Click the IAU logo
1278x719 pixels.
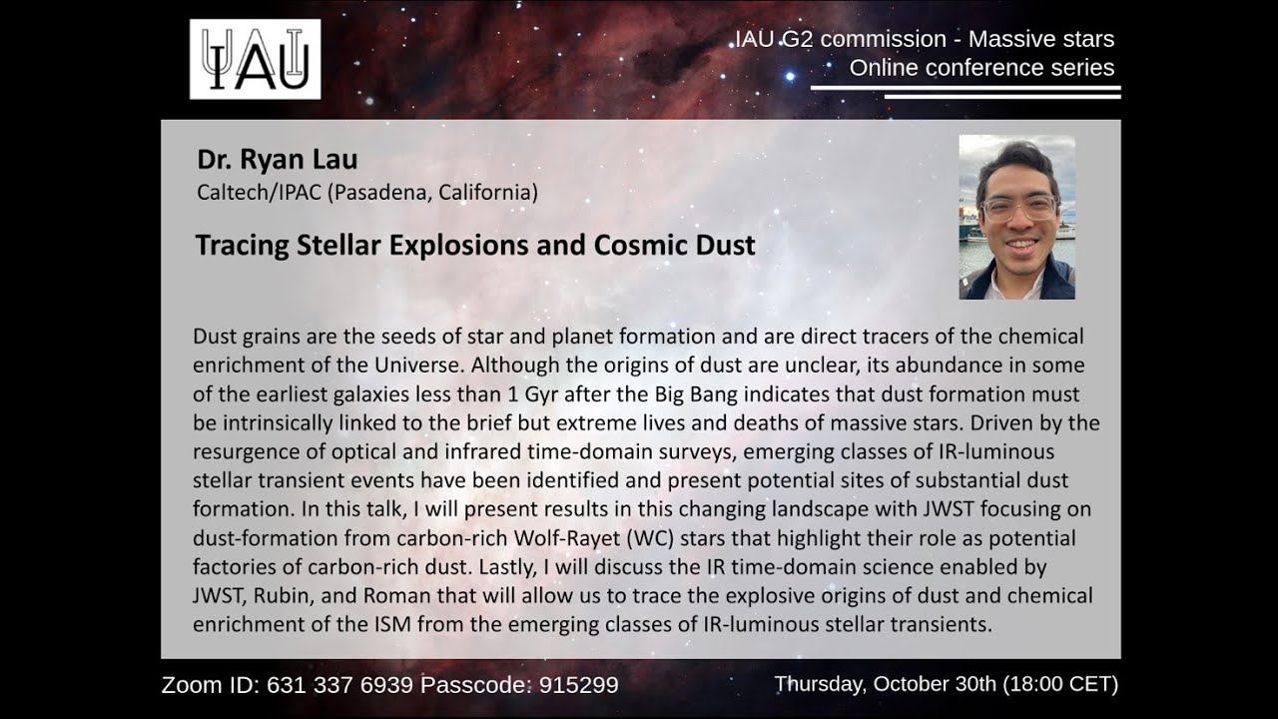pos(255,59)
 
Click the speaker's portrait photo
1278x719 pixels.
pos(1016,217)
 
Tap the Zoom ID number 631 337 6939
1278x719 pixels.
pos(337,685)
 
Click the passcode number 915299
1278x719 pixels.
pos(578,685)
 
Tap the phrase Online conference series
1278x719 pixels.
pos(981,68)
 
